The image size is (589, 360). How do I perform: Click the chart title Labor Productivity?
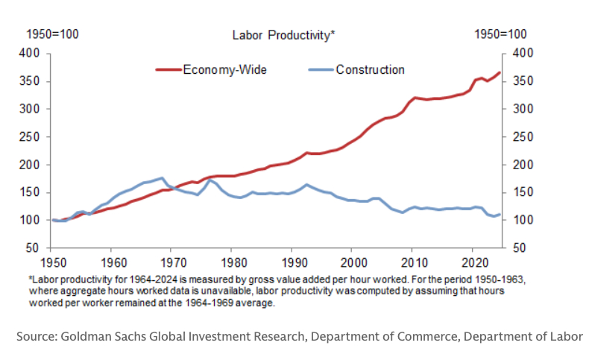tap(283, 34)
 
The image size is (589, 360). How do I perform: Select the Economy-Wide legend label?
tap(224, 70)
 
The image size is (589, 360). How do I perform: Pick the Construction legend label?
tap(370, 70)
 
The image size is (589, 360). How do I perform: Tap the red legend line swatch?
tap(168, 70)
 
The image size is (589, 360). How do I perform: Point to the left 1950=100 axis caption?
tap(53, 34)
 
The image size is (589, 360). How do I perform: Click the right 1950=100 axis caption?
tap(500, 34)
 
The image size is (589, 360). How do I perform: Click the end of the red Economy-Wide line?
tap(500, 72)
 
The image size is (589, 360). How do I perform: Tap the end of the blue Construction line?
tap(500, 214)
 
